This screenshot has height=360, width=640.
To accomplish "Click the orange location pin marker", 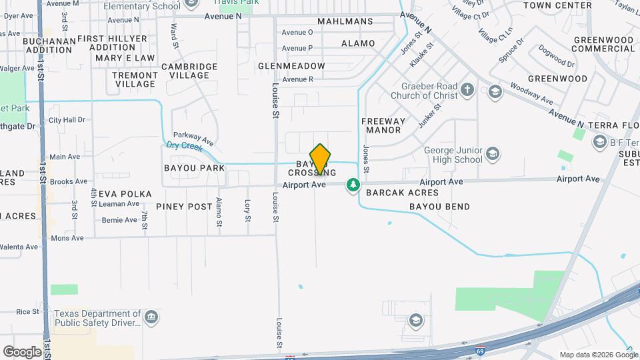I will click(320, 159).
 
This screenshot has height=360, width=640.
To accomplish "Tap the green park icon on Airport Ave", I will click(353, 185).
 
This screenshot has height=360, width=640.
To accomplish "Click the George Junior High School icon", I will click(492, 155).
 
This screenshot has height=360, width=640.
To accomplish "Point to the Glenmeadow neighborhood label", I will click(292, 66).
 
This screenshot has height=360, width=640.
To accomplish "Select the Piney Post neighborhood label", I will click(184, 207).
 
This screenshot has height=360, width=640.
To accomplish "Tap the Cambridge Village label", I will click(189, 71).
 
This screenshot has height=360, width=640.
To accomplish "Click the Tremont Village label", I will click(135, 79).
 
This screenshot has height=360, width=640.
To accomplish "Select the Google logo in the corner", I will click(22, 351).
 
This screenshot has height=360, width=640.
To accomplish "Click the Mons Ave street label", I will click(67, 237).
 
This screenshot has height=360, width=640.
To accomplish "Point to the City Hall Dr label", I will click(67, 120).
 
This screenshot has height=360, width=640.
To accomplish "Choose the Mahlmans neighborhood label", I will click(345, 21).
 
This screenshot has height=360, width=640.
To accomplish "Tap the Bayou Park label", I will click(194, 168).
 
